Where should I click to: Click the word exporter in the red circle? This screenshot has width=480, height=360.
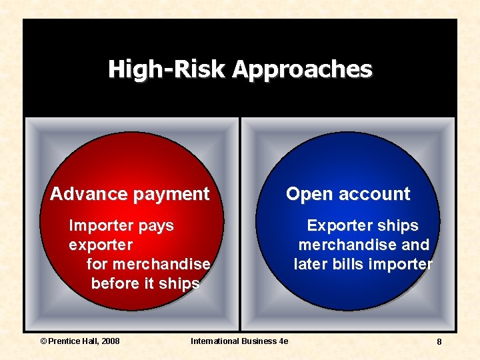point(101,245)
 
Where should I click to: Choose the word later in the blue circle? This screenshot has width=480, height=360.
point(311,264)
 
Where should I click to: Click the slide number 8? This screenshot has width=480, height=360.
point(439,341)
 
